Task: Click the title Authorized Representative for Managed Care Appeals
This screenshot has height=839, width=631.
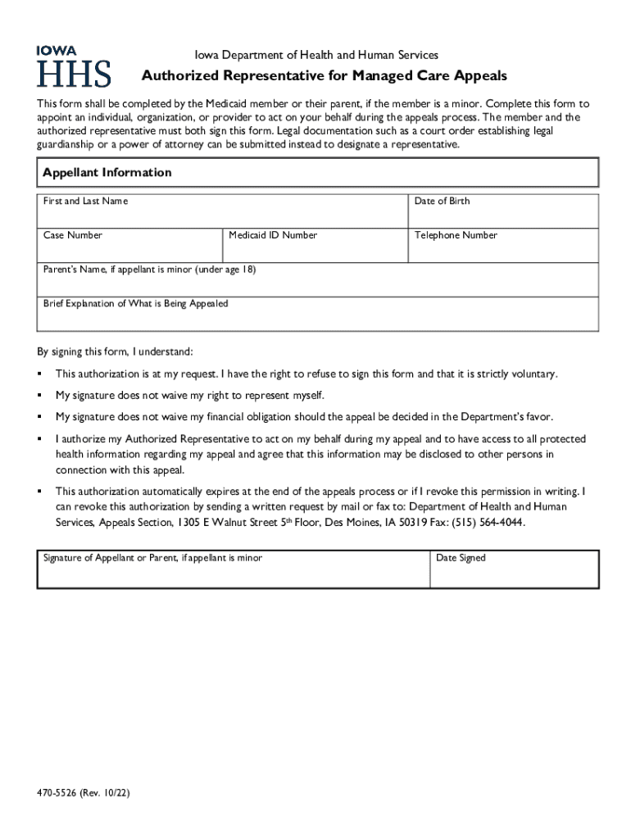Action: (325, 76)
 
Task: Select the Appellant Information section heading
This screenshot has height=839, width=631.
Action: (107, 173)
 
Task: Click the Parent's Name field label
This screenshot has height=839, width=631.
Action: (149, 269)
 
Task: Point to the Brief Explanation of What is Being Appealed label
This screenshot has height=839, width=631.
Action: (135, 304)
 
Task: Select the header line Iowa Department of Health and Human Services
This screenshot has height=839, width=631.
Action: (316, 55)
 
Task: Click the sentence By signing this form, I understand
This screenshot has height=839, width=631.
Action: (115, 351)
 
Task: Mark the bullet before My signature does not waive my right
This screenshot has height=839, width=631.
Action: (39, 396)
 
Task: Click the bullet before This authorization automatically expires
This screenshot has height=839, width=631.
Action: (39, 492)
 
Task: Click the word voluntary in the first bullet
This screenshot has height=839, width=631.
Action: (535, 374)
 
